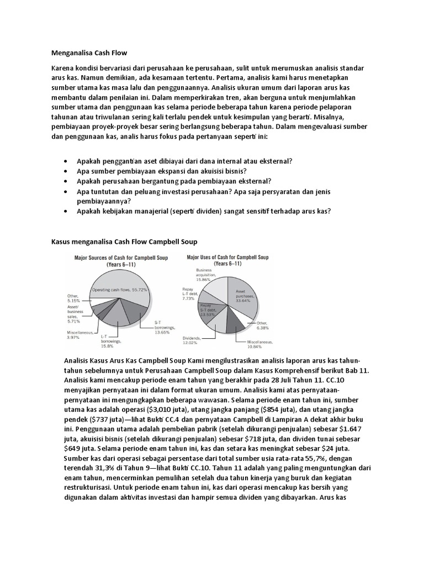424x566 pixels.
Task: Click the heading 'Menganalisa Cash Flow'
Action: [x=89, y=53]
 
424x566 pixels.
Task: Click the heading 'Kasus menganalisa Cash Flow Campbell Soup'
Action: [x=124, y=242]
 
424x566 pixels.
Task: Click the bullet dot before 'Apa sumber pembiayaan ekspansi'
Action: [x=66, y=171]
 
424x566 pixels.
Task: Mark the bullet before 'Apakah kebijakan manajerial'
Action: [x=66, y=211]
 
